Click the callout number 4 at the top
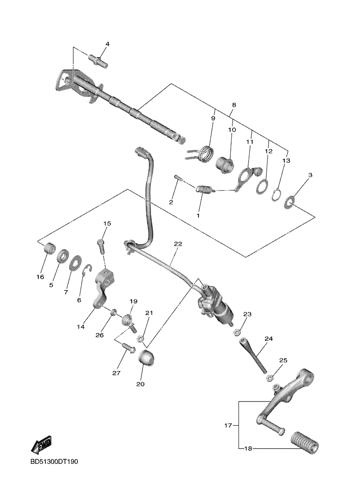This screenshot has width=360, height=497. coord(107,44)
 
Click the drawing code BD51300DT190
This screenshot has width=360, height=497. coord(54,461)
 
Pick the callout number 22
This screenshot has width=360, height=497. coord(178,244)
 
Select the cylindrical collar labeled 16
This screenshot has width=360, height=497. coord(48,248)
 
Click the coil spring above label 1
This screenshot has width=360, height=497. coord(203,189)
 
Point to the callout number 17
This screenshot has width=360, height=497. coord(228,425)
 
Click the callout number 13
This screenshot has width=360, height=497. coord(286,161)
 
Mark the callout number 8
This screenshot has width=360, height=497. coord(234,105)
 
